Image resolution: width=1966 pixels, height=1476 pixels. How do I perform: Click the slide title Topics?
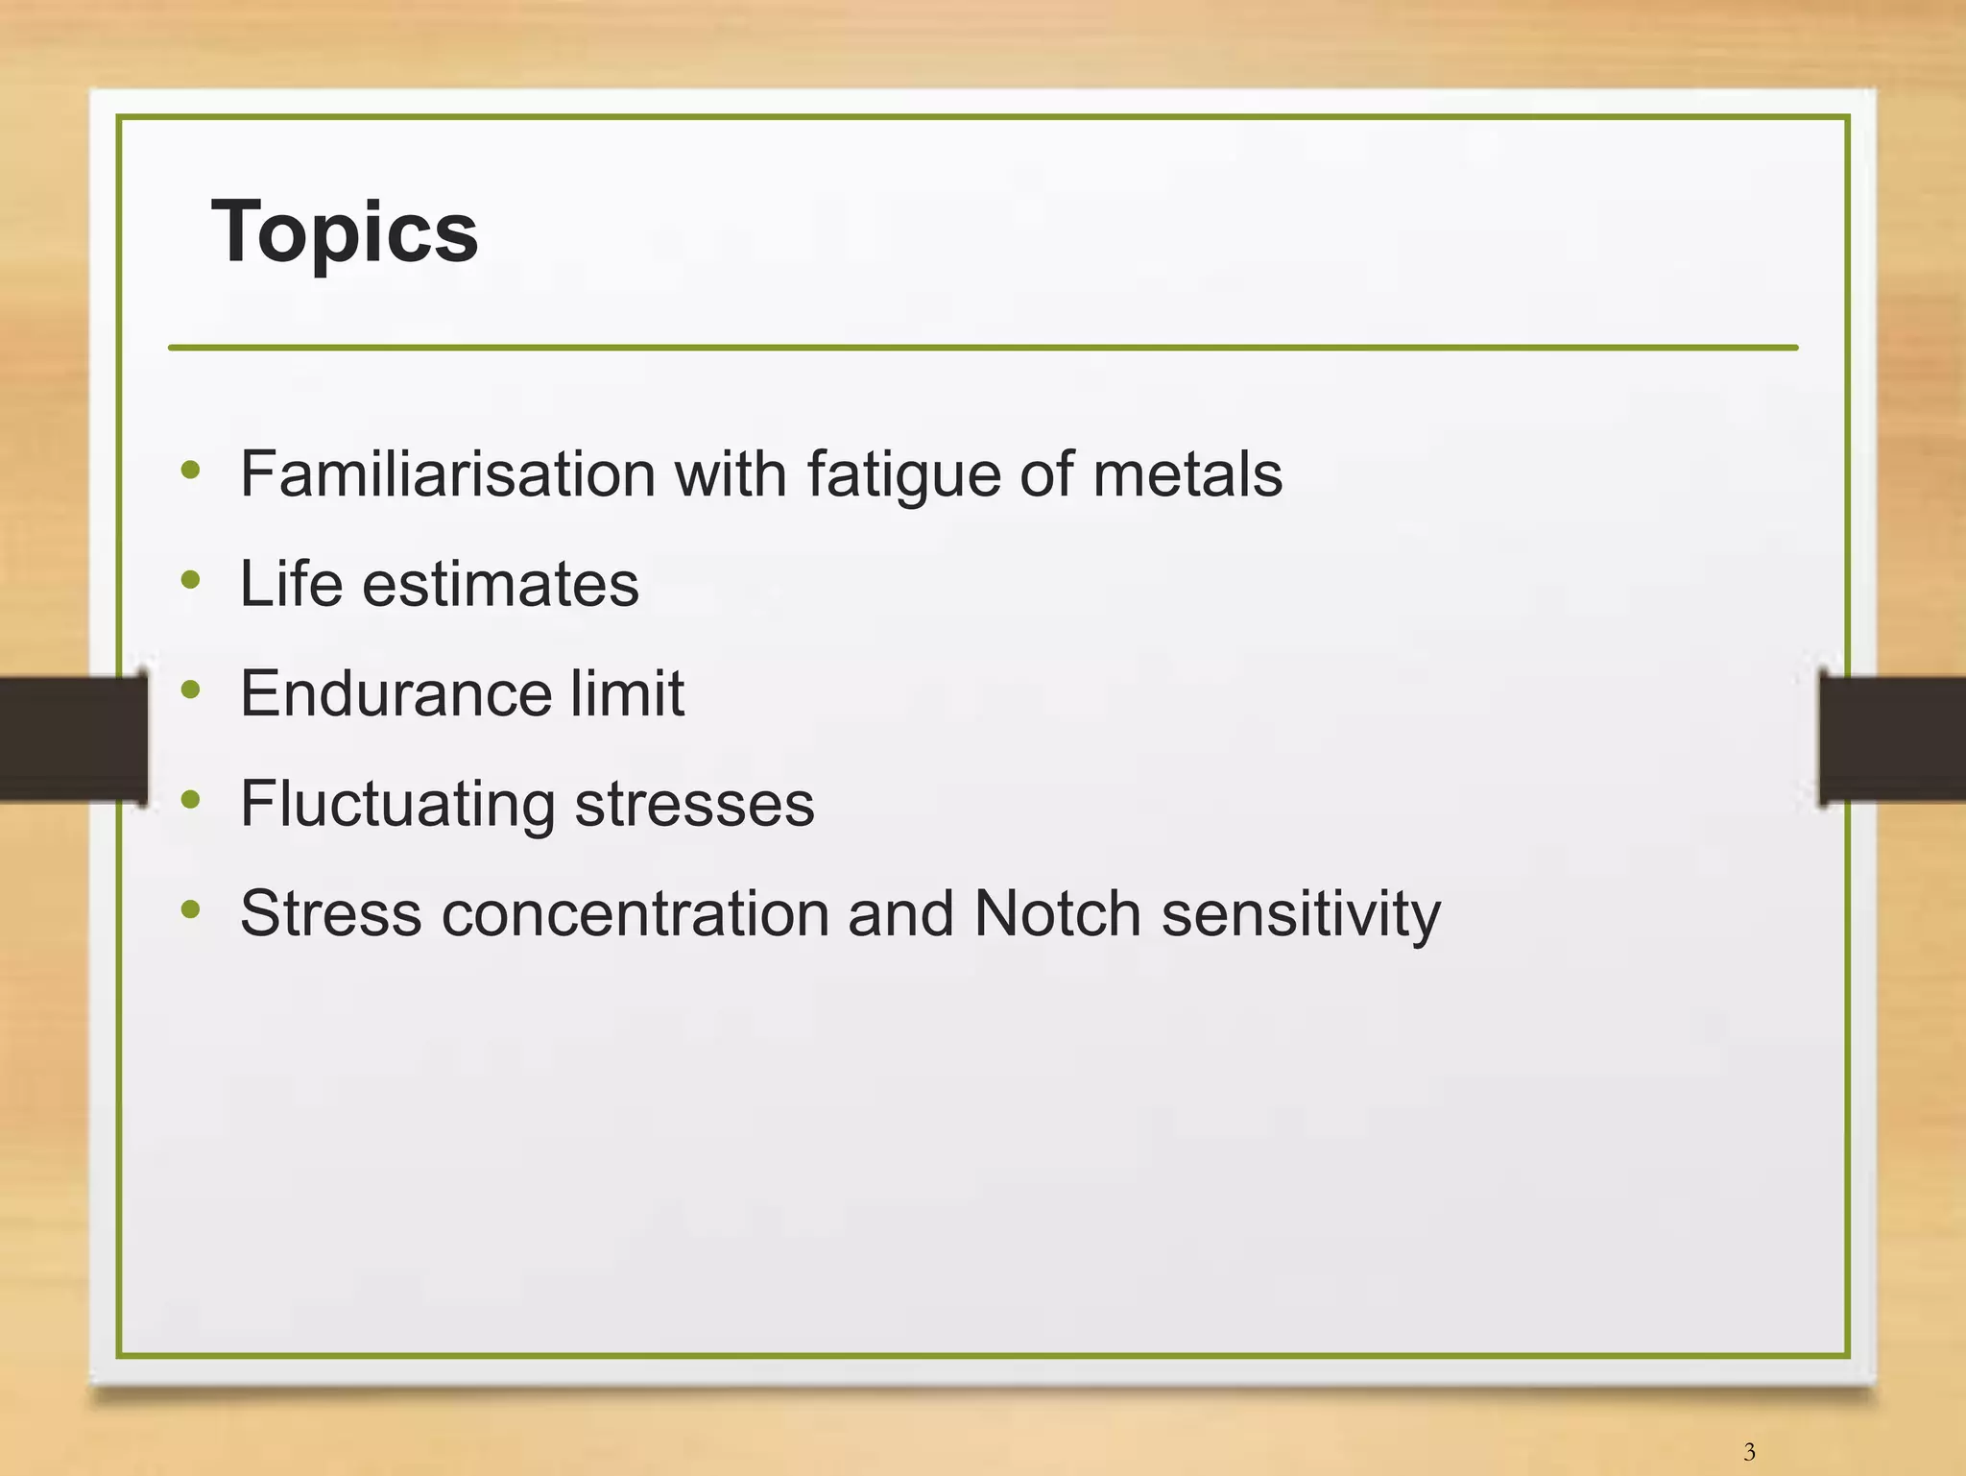point(345,231)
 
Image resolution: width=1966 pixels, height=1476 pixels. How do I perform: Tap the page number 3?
point(1749,1451)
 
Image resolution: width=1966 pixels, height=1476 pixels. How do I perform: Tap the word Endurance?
point(395,692)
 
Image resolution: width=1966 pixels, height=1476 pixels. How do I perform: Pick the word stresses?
point(694,803)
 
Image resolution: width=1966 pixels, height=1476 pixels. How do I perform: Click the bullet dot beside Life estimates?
point(190,579)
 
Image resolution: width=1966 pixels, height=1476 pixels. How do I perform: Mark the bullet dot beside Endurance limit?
point(190,689)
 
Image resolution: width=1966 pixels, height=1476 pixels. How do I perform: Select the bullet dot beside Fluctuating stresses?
point(190,799)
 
